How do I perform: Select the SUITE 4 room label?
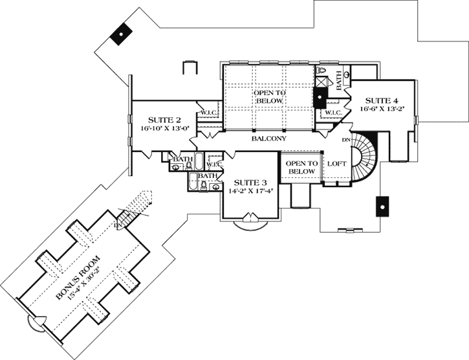point(382,100)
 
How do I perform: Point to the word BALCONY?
point(270,139)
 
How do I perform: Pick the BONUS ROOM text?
point(78,277)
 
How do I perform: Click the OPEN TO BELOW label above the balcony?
point(269,97)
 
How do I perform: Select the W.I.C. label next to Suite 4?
point(333,113)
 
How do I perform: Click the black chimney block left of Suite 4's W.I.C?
point(320,98)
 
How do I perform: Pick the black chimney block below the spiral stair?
point(381,206)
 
